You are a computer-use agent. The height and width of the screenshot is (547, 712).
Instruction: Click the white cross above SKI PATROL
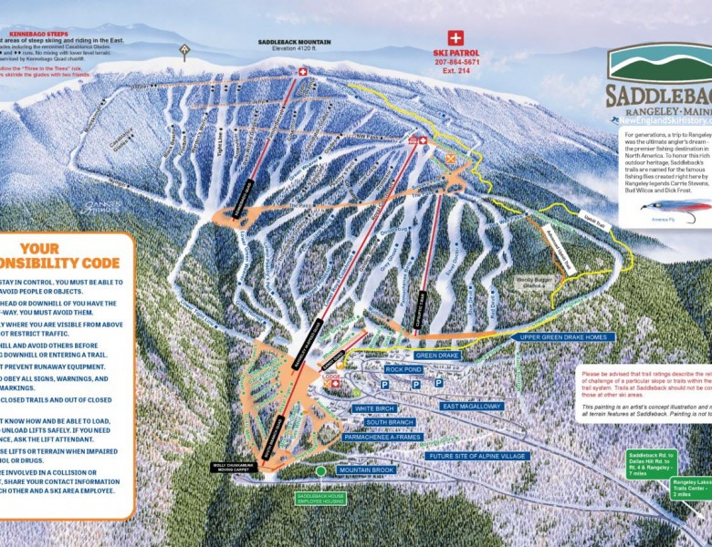[x=455, y=38]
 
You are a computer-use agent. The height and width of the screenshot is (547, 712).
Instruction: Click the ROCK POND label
[x=403, y=369]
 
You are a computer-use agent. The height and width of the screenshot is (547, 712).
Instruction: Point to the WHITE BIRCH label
[x=375, y=408]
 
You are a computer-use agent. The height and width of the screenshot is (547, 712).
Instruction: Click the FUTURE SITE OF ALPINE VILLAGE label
[x=476, y=455]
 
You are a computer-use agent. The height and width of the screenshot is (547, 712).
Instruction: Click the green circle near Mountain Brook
[x=320, y=470]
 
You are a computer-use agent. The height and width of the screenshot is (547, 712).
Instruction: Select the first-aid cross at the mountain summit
[x=303, y=71]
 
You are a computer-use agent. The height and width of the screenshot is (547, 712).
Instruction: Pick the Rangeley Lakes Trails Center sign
[x=693, y=488]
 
